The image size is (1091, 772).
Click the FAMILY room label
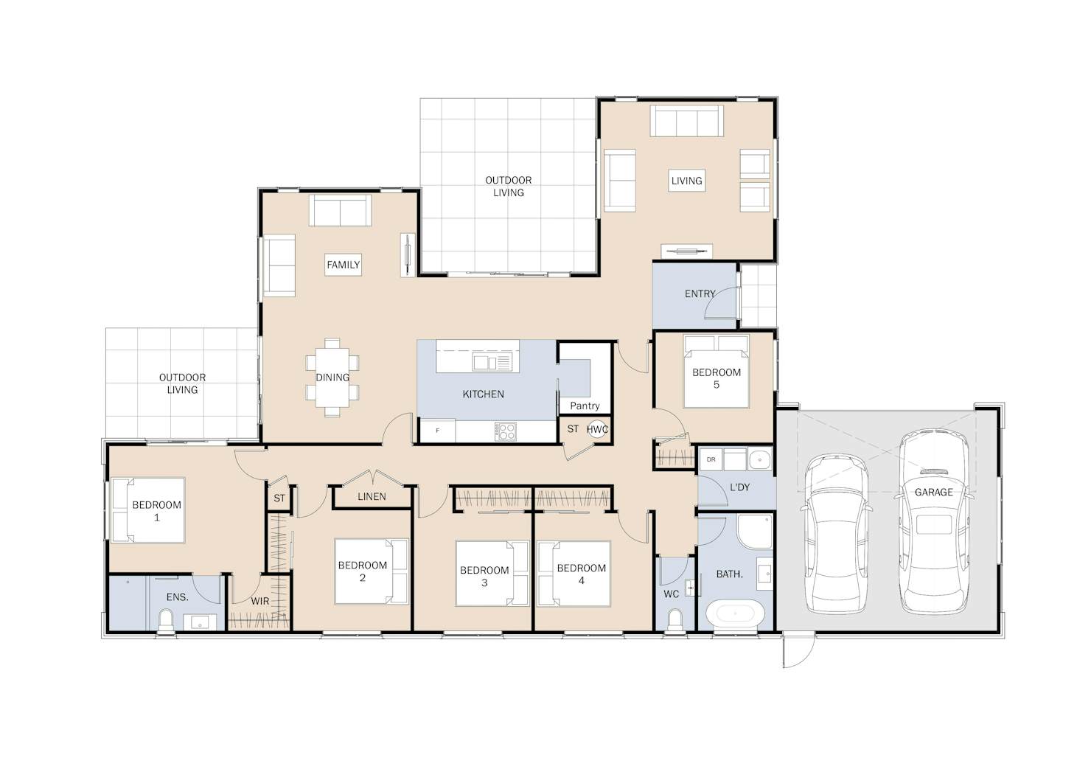343,265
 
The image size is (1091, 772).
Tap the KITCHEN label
483,394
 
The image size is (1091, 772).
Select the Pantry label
585,406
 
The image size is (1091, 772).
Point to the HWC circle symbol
597,430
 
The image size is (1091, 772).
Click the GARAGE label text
934,493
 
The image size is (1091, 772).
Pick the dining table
332,378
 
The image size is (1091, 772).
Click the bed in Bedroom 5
716,371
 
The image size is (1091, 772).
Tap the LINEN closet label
372,497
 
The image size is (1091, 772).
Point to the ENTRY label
700,293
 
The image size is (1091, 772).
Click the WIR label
259,601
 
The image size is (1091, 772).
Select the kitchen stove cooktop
505,431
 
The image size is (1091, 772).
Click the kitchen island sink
491,362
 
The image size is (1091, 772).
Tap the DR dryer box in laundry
711,459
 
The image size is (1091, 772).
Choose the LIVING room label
686,181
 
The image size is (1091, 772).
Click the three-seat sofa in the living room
687,121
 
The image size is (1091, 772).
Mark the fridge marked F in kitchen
437,431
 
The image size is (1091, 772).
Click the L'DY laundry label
739,487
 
